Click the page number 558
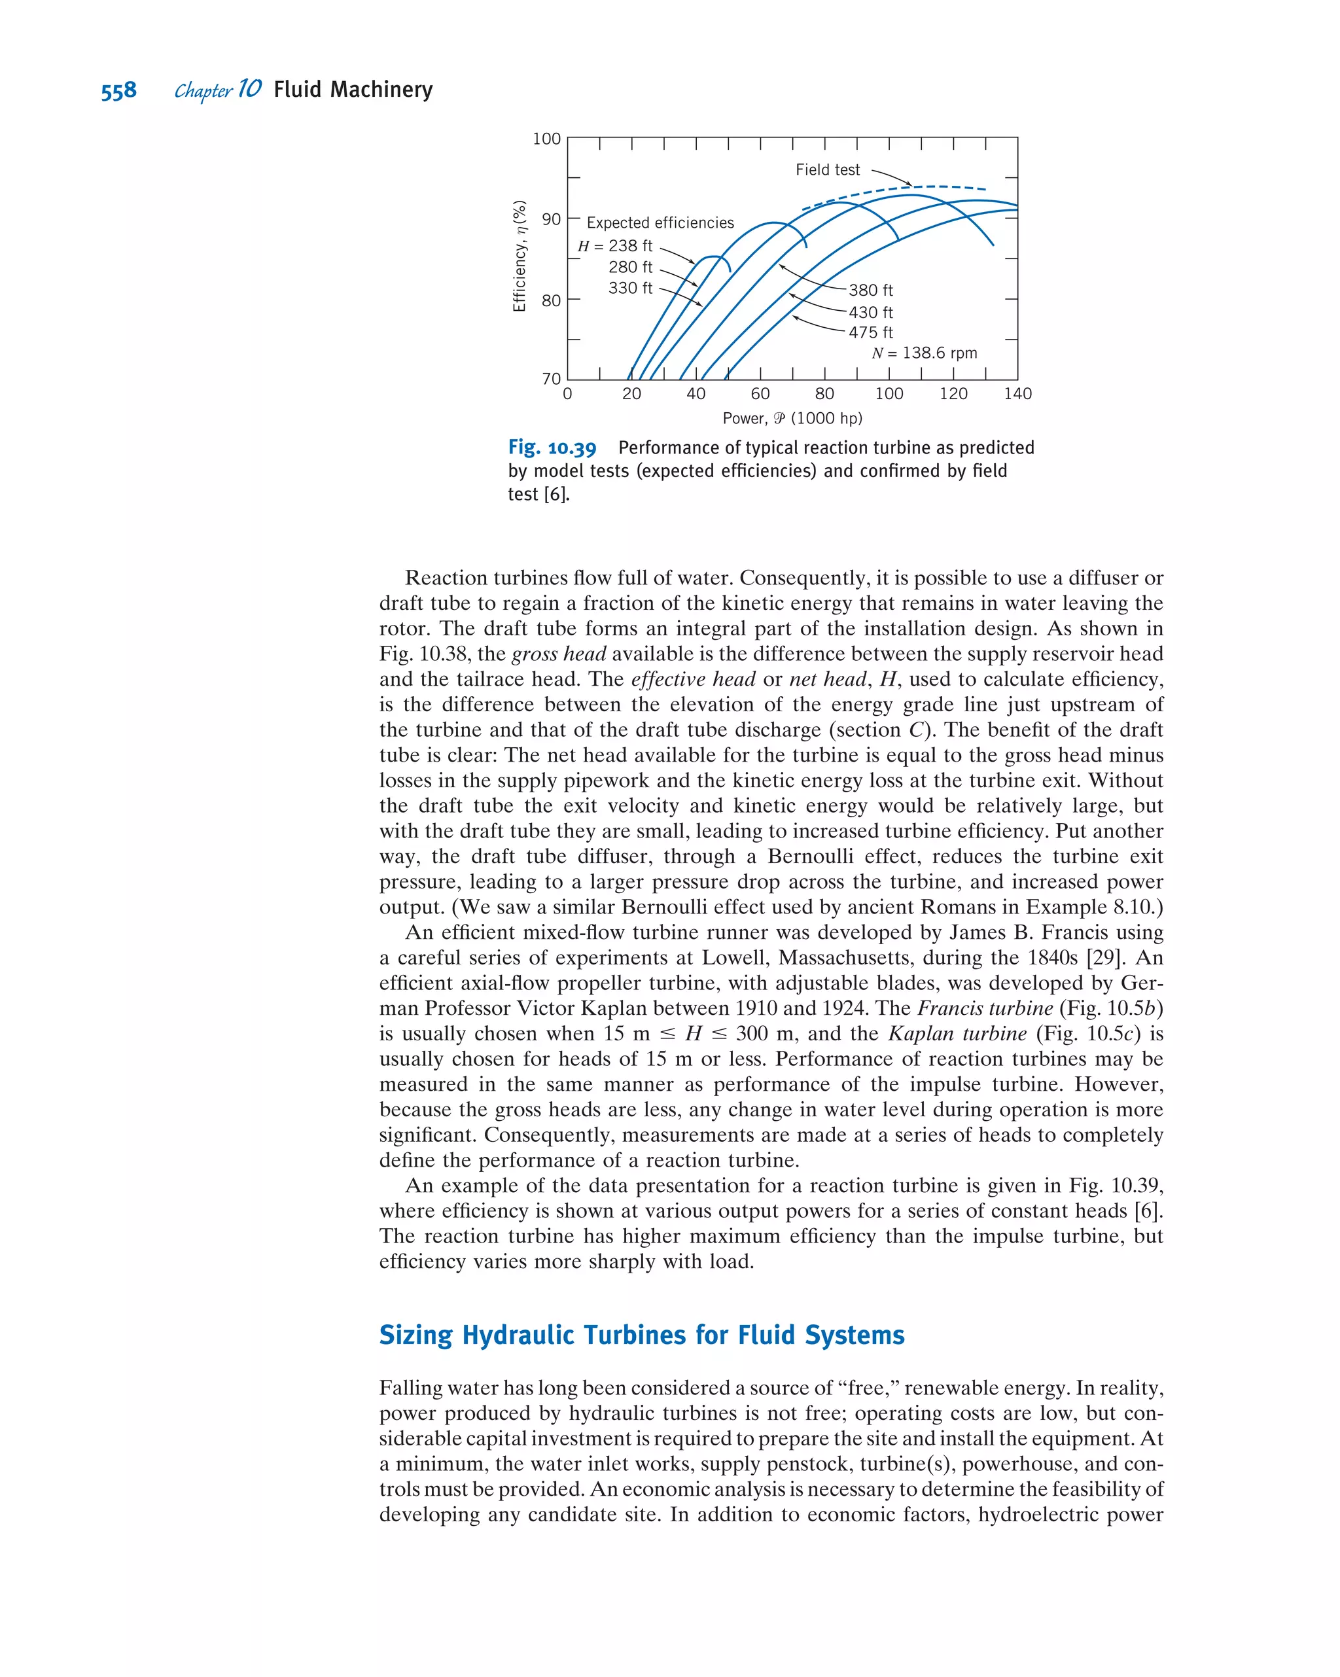coord(118,91)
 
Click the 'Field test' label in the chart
coord(827,169)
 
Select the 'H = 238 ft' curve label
coord(614,246)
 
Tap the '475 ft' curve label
coord(870,332)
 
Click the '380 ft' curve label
coord(870,290)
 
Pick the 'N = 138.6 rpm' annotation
coord(924,353)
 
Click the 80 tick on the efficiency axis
coord(551,300)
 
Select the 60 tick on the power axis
coord(760,394)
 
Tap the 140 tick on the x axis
coord(1017,394)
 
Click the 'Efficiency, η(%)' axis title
coord(520,256)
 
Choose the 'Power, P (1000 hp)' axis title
coord(792,419)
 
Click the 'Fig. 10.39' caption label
coord(552,448)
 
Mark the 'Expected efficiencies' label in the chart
coord(660,222)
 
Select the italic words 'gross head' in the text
coord(558,654)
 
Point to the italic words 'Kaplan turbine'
coord(957,1034)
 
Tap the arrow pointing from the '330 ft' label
coord(681,296)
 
